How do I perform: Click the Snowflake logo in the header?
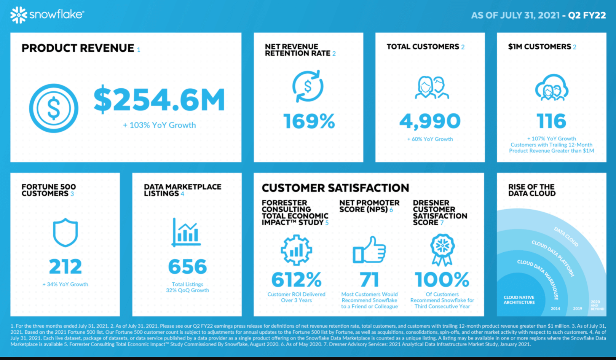[47, 15]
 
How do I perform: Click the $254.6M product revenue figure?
[159, 100]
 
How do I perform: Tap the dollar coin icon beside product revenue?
[54, 108]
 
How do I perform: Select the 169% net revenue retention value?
[309, 121]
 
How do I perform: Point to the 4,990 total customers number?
[430, 121]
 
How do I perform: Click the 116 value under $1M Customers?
[551, 121]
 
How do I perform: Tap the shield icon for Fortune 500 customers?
[65, 232]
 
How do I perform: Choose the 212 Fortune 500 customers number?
[65, 266]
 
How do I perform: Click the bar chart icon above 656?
[186, 233]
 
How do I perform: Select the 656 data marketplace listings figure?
[187, 266]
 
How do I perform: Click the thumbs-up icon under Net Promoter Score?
[369, 250]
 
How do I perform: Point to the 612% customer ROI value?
[296, 280]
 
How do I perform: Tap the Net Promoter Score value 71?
[369, 280]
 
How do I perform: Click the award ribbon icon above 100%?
[442, 250]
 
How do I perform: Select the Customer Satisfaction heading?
[335, 188]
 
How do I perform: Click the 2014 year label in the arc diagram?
[555, 309]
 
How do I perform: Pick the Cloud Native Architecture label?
[519, 300]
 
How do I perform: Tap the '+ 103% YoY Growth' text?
[159, 125]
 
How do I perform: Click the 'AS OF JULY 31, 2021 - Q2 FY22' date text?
[538, 15]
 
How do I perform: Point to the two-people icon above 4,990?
[432, 88]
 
